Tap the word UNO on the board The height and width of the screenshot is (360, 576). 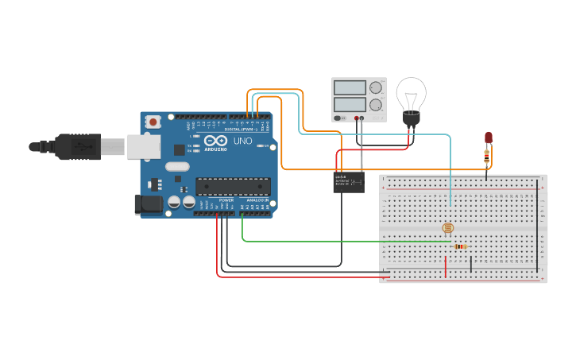click(x=242, y=141)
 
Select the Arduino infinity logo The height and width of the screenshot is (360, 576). click(x=215, y=140)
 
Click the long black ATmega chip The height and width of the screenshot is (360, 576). click(x=233, y=187)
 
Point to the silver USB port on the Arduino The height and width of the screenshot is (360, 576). click(x=143, y=146)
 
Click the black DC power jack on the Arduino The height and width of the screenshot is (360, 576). click(x=149, y=204)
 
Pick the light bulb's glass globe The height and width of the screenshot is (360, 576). click(x=411, y=94)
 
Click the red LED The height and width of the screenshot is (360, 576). click(x=488, y=137)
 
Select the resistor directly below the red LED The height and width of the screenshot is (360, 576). click(x=486, y=157)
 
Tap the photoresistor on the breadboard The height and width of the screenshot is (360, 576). click(x=448, y=228)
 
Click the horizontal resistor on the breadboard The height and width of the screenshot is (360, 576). click(x=459, y=246)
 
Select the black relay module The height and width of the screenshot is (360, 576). click(x=349, y=182)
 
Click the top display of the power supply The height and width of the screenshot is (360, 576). click(x=350, y=87)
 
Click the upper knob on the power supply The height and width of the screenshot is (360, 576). click(x=376, y=87)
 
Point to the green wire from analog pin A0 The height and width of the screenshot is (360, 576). click(x=318, y=241)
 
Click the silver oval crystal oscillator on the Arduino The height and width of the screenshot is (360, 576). click(x=177, y=167)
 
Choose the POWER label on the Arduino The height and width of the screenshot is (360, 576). click(x=226, y=199)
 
